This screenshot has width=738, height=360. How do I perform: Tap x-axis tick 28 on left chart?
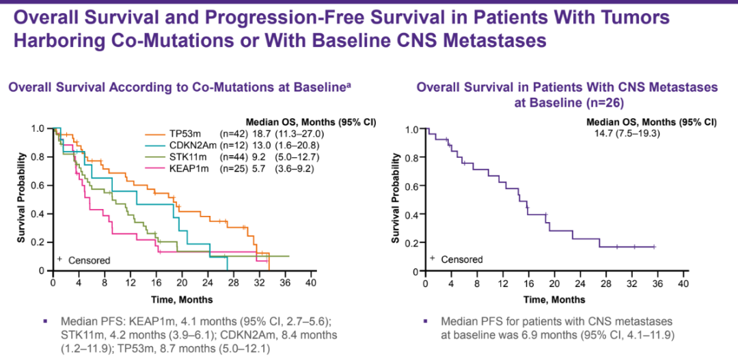point(234,283)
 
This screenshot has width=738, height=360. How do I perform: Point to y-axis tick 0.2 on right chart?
point(411,243)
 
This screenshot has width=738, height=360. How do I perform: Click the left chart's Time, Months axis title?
point(182,299)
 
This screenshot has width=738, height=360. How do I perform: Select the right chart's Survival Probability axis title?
point(395,199)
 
